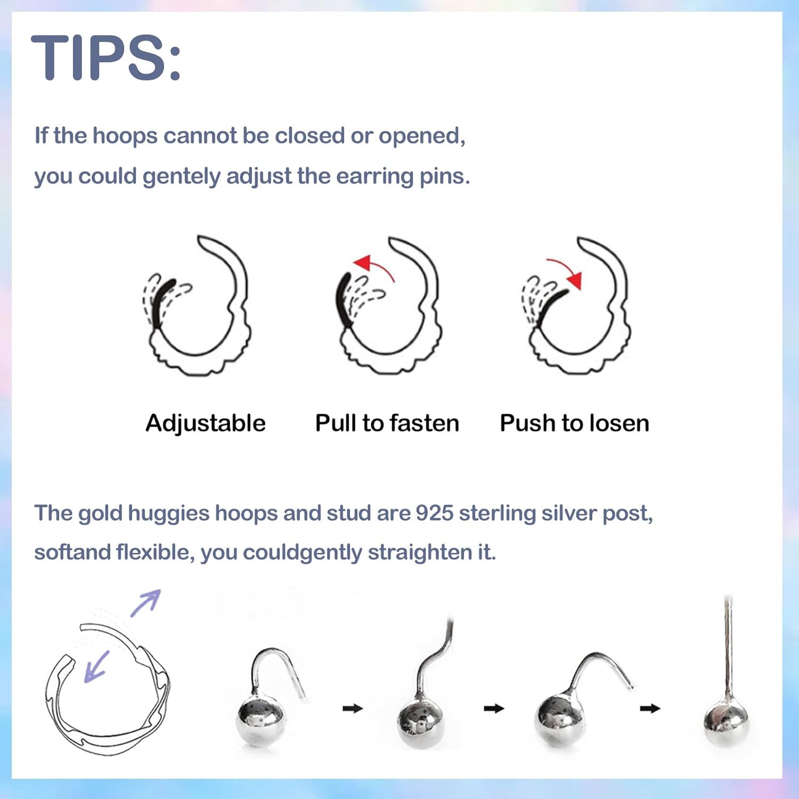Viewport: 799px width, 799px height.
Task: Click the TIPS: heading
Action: pyautogui.click(x=107, y=58)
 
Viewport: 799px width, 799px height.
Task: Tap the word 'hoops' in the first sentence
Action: pyautogui.click(x=125, y=136)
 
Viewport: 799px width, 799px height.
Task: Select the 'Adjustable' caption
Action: pyautogui.click(x=206, y=423)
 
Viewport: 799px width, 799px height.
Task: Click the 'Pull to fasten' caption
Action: pyautogui.click(x=387, y=423)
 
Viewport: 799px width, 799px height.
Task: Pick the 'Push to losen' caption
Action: pyautogui.click(x=574, y=423)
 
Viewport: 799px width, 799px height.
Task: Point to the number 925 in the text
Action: pyautogui.click(x=434, y=513)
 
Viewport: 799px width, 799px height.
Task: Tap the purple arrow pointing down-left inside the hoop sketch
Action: pyautogui.click(x=96, y=666)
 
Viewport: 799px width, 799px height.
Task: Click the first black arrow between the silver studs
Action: pyautogui.click(x=352, y=708)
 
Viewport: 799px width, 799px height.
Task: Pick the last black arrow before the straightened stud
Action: pyautogui.click(x=650, y=708)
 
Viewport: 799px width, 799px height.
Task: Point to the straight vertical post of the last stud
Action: pyautogui.click(x=728, y=645)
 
